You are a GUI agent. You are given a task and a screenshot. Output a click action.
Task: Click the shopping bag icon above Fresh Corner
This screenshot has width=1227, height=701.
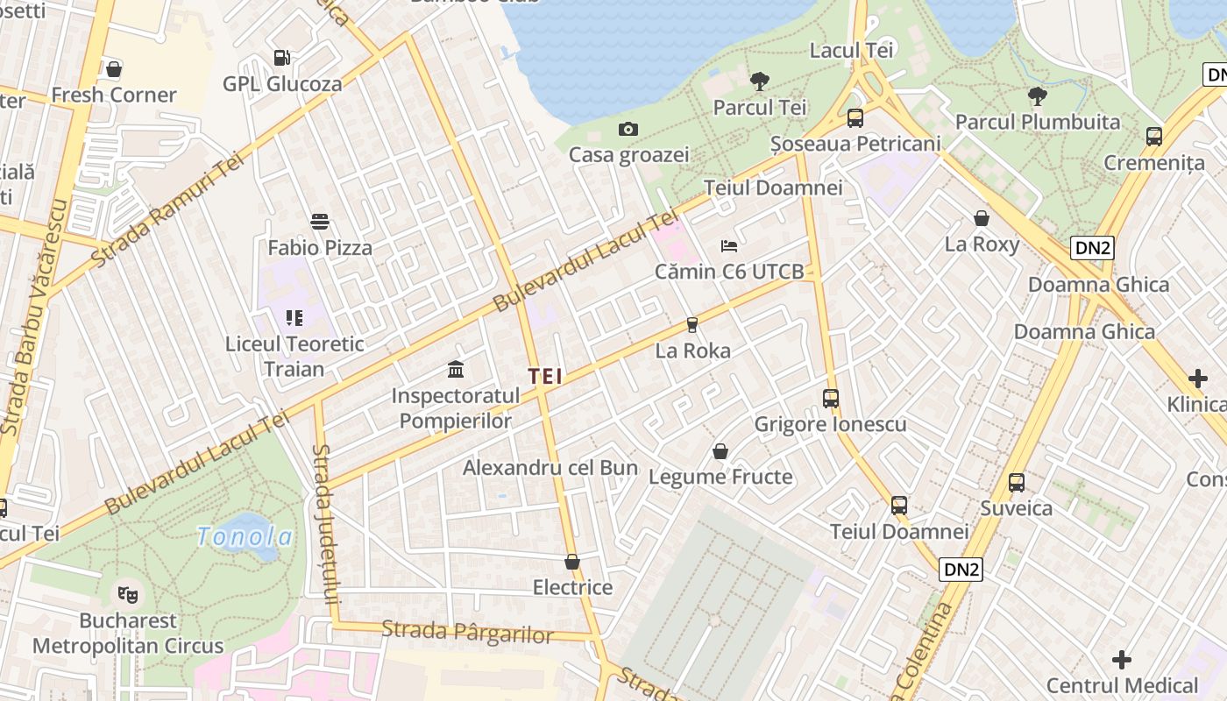(x=113, y=68)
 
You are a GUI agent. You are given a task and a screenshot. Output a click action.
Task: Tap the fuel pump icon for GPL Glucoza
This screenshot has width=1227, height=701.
(x=281, y=58)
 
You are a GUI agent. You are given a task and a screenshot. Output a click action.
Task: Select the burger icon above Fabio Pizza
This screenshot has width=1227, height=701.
(x=320, y=222)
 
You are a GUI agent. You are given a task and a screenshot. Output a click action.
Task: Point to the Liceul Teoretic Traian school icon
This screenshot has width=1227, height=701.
(x=294, y=317)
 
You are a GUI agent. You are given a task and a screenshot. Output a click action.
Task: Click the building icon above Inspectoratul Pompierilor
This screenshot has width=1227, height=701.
(x=455, y=369)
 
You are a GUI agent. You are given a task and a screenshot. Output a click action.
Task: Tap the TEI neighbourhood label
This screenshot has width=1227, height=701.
(x=545, y=376)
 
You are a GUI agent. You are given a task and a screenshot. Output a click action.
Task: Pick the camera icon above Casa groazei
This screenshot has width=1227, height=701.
(x=628, y=130)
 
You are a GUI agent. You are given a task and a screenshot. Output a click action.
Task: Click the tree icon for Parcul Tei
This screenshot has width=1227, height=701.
(x=759, y=81)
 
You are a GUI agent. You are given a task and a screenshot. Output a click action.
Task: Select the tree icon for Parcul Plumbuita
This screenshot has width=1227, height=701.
(x=1037, y=96)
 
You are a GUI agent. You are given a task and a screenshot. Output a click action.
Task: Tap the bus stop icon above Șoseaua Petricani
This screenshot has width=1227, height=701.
(x=855, y=117)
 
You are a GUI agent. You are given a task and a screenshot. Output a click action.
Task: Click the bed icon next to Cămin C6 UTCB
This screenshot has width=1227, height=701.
(x=729, y=246)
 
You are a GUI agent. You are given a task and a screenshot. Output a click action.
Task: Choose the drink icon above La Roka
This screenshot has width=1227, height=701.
(x=692, y=325)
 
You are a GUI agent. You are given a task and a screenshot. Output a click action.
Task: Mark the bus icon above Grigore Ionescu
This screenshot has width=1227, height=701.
(x=830, y=399)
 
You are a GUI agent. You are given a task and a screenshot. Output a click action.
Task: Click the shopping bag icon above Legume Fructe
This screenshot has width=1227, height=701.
(x=720, y=451)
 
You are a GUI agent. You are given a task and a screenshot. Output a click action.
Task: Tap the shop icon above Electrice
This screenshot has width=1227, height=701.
(x=572, y=562)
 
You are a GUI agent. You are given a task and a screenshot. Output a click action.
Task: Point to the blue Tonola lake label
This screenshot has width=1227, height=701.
(x=245, y=536)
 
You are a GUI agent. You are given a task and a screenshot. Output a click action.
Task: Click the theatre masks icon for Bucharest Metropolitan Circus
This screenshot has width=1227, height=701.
(x=128, y=595)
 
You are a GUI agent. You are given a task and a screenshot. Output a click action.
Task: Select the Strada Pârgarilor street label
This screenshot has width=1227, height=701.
(x=468, y=633)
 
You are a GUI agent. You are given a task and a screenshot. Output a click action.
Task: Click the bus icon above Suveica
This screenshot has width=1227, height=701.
(x=1016, y=483)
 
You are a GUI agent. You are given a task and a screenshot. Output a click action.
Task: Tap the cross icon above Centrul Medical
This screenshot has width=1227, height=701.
(x=1121, y=660)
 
